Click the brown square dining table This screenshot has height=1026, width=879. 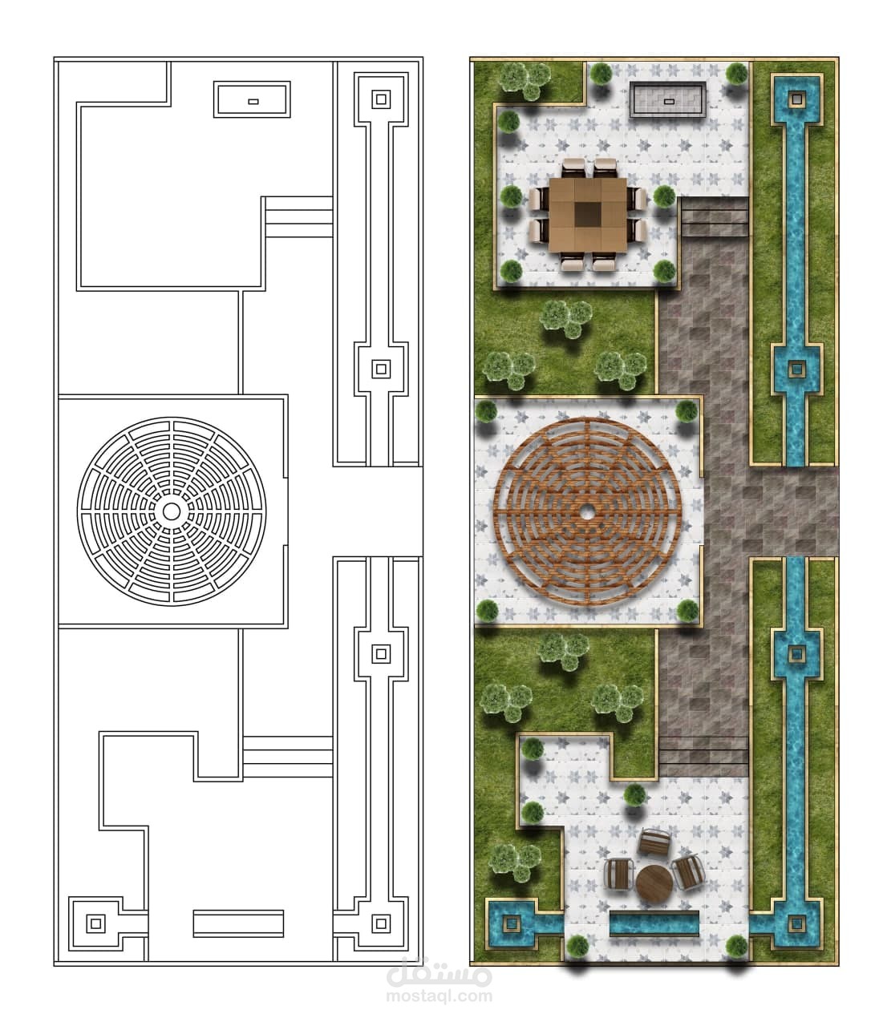588,216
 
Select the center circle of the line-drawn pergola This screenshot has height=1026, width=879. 172,511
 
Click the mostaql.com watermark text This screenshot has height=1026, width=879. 439,994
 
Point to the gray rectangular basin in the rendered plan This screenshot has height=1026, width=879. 668,99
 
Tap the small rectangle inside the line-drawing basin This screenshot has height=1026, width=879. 253,102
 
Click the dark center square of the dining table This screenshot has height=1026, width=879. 589,216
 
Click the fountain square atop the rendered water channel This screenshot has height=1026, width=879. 796,99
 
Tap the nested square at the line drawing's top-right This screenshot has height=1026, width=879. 381,99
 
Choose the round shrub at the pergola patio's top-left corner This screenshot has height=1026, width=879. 486,411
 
